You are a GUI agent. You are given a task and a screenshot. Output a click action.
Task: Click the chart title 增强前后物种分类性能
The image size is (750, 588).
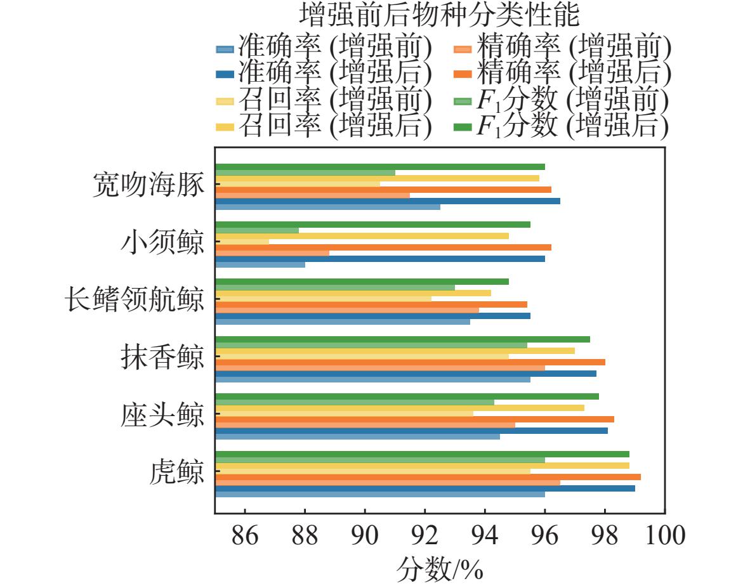pos(440,15)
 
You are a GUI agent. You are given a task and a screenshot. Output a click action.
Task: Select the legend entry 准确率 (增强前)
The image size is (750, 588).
pos(324,48)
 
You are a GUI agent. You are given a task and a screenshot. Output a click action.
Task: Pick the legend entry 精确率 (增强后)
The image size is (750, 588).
pos(562,73)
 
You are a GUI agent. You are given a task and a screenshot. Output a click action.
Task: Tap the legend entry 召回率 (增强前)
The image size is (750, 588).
pos(324,100)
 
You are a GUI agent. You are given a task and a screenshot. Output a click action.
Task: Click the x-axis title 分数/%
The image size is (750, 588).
pos(440,569)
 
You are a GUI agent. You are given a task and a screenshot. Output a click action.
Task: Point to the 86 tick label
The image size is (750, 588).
pos(245,535)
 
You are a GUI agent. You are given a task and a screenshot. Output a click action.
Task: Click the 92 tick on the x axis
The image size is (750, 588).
pos(424,535)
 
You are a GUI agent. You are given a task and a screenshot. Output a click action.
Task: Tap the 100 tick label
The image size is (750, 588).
pos(665,535)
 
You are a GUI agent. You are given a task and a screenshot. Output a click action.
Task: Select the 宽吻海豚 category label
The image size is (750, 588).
pos(148,185)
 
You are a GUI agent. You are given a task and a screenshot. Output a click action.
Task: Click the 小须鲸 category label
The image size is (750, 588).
pos(162,242)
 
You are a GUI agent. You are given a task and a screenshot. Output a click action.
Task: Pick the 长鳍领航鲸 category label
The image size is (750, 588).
pos(135,299)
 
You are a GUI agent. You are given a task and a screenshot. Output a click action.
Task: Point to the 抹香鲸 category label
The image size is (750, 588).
pos(162,356)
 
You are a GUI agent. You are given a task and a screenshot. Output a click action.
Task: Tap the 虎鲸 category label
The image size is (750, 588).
pos(177,471)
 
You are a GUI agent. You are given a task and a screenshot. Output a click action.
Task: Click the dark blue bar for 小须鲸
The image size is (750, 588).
pos(380,259)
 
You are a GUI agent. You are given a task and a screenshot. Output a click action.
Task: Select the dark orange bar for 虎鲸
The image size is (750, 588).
pos(428,477)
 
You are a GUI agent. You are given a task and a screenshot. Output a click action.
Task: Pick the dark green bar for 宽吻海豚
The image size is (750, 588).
pos(380,167)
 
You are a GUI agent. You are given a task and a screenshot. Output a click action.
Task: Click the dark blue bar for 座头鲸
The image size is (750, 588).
pos(412,431)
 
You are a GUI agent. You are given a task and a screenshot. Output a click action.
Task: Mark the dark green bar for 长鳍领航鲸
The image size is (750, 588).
pos(362,282)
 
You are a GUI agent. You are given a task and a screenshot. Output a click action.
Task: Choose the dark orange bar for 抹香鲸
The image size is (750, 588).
pos(411,362)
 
